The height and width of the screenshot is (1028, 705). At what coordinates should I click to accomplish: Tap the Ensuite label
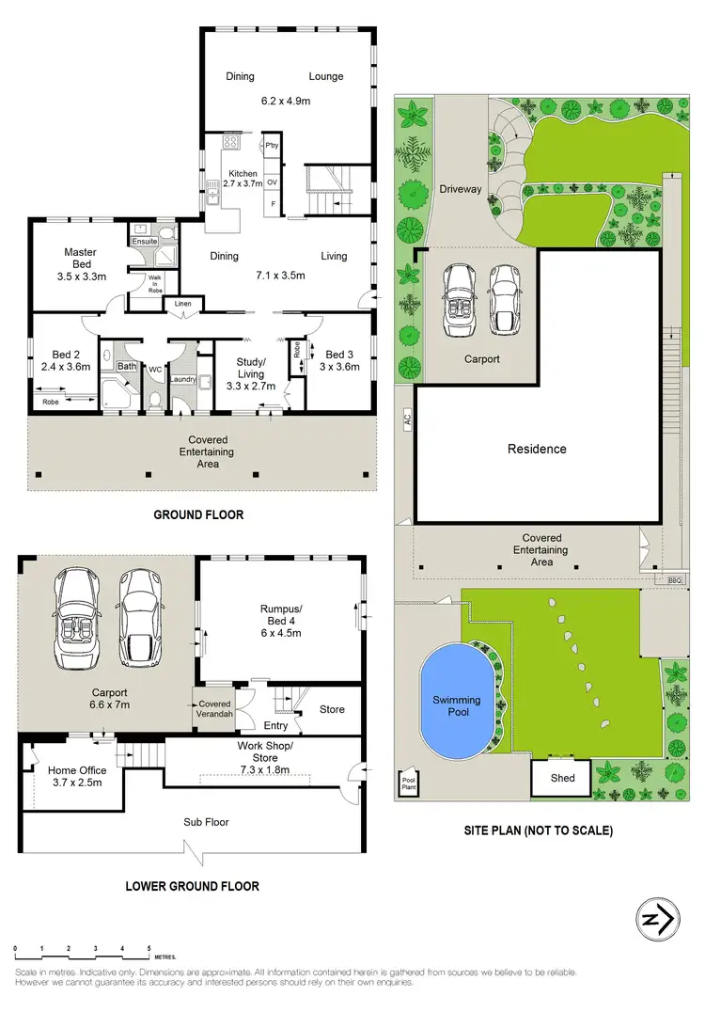pyautogui.click(x=144, y=241)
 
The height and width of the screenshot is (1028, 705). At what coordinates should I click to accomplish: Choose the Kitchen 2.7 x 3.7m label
pyautogui.click(x=243, y=180)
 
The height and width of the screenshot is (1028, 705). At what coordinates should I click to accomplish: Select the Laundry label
pyautogui.click(x=181, y=380)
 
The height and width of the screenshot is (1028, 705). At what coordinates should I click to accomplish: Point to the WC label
pyautogui.click(x=155, y=370)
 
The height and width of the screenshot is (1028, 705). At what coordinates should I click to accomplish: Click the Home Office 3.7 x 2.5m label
pyautogui.click(x=75, y=776)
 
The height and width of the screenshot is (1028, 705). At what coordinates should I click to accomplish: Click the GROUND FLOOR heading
pyautogui.click(x=198, y=514)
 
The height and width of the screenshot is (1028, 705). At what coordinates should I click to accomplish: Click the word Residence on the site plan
pyautogui.click(x=537, y=449)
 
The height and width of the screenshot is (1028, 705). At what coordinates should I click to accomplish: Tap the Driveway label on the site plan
pyautogui.click(x=461, y=189)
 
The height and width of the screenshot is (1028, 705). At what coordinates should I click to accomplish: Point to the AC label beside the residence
pyautogui.click(x=408, y=424)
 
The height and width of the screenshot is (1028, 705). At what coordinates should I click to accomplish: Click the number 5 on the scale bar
pyautogui.click(x=149, y=949)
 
